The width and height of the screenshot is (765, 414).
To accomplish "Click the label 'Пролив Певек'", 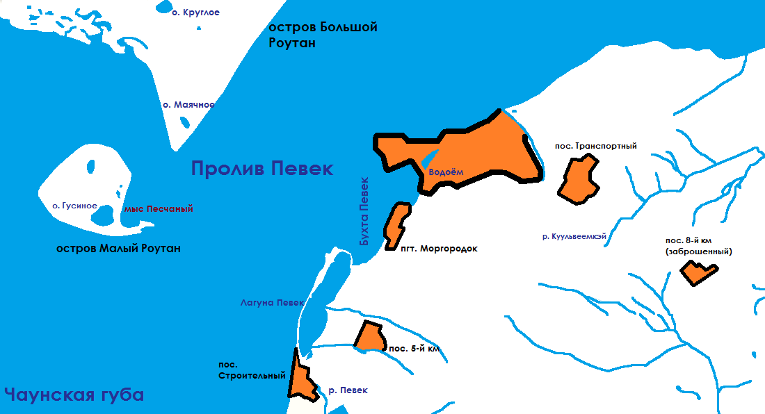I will pyautogui.click(x=262, y=169).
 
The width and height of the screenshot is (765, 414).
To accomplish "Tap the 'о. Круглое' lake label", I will pyautogui.click(x=195, y=13).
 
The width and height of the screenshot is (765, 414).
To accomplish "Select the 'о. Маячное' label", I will pyautogui.click(x=188, y=105).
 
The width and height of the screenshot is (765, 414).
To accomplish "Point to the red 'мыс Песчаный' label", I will pyautogui.click(x=158, y=208).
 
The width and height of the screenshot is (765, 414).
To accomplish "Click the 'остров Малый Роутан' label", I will pyautogui.click(x=118, y=249).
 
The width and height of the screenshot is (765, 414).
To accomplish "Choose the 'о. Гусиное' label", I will pyautogui.click(x=75, y=206).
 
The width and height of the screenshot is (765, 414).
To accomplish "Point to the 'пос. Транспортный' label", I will pyautogui.click(x=596, y=146).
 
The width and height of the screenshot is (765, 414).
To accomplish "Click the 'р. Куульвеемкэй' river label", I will pyautogui.click(x=574, y=237).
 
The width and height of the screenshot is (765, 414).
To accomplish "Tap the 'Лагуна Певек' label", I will pyautogui.click(x=272, y=303).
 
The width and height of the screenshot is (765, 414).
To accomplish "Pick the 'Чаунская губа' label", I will pyautogui.click(x=74, y=395).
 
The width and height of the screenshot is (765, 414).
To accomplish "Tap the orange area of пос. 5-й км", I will pyautogui.click(x=369, y=336).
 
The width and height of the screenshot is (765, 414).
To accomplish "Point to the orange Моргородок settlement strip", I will pyautogui.click(x=396, y=224).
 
